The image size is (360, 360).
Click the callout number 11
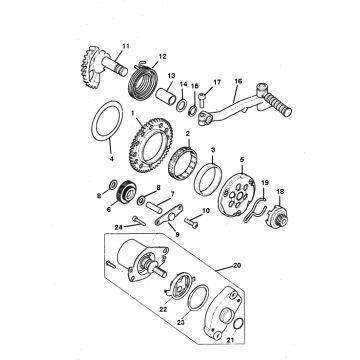125,46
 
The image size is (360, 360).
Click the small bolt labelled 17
203,99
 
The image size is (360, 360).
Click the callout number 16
238,81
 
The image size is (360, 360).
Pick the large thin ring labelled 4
107,121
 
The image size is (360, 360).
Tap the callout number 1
132,113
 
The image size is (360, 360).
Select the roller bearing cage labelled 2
183,161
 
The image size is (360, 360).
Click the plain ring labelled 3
207,179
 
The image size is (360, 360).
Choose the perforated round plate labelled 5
236,193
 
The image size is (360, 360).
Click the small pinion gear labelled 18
279,217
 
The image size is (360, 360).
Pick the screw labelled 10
191,222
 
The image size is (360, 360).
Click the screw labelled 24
139,220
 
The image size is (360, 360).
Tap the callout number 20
237,266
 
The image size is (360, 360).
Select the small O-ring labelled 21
238,323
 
